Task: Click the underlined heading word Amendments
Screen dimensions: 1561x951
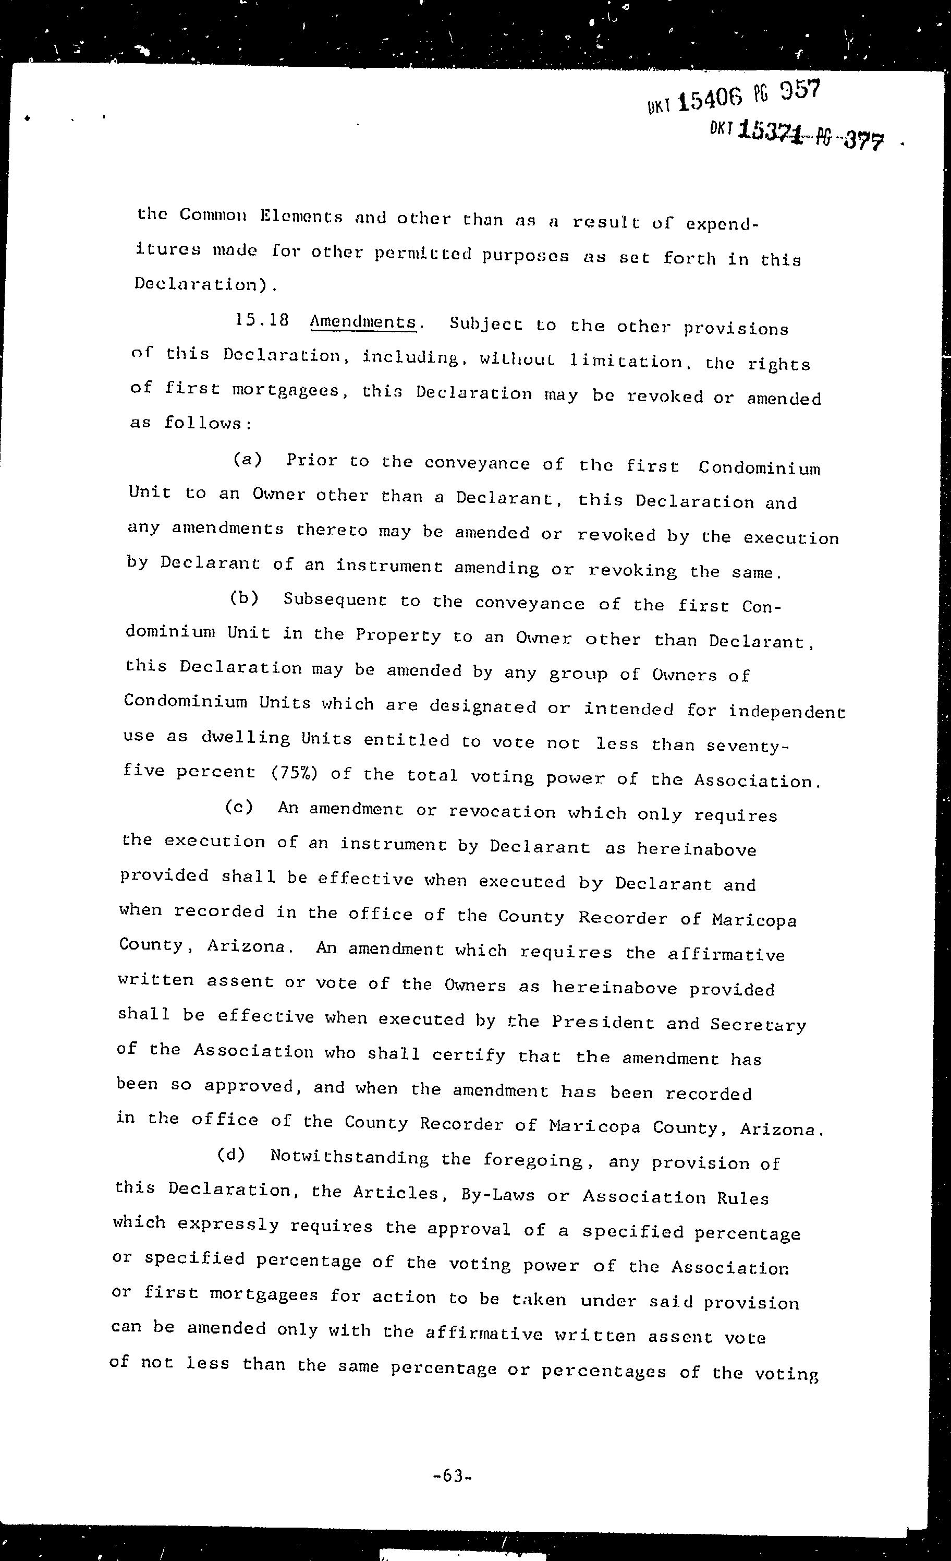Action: click(363, 322)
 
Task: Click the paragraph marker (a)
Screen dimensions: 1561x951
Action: click(248, 459)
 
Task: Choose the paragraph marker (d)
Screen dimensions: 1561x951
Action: click(231, 1154)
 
